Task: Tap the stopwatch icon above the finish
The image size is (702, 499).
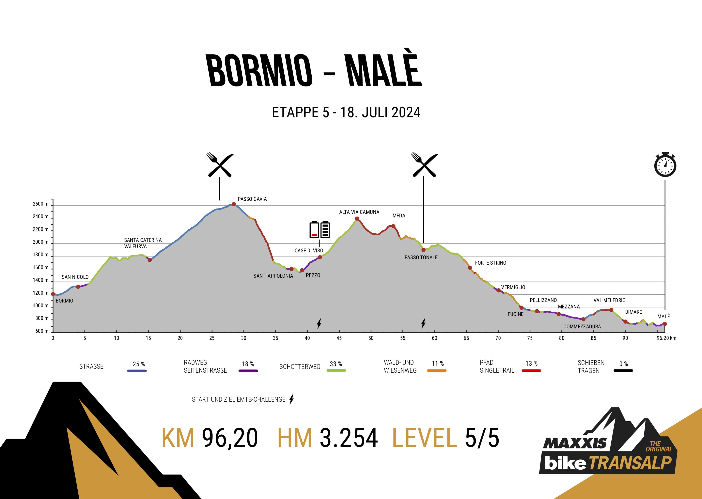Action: click(665, 165)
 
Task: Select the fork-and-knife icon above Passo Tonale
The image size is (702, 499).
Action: click(424, 165)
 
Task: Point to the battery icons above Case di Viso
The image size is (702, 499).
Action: click(320, 229)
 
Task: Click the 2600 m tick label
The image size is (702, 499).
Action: click(40, 204)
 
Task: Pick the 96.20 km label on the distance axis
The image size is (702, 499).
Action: click(666, 338)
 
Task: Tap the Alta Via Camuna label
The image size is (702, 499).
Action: click(359, 212)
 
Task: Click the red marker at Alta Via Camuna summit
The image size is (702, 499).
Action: click(357, 219)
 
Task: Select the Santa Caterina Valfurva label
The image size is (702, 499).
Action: click(143, 243)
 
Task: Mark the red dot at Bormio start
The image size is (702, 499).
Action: click(53, 294)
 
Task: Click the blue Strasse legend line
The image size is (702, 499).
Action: click(137, 371)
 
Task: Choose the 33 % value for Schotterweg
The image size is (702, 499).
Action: click(336, 364)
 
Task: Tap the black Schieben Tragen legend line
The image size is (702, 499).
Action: click(623, 371)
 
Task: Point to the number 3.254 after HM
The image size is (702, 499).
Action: click(349, 438)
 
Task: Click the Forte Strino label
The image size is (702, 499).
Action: click(490, 263)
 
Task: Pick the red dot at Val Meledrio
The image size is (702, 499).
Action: click(611, 310)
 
